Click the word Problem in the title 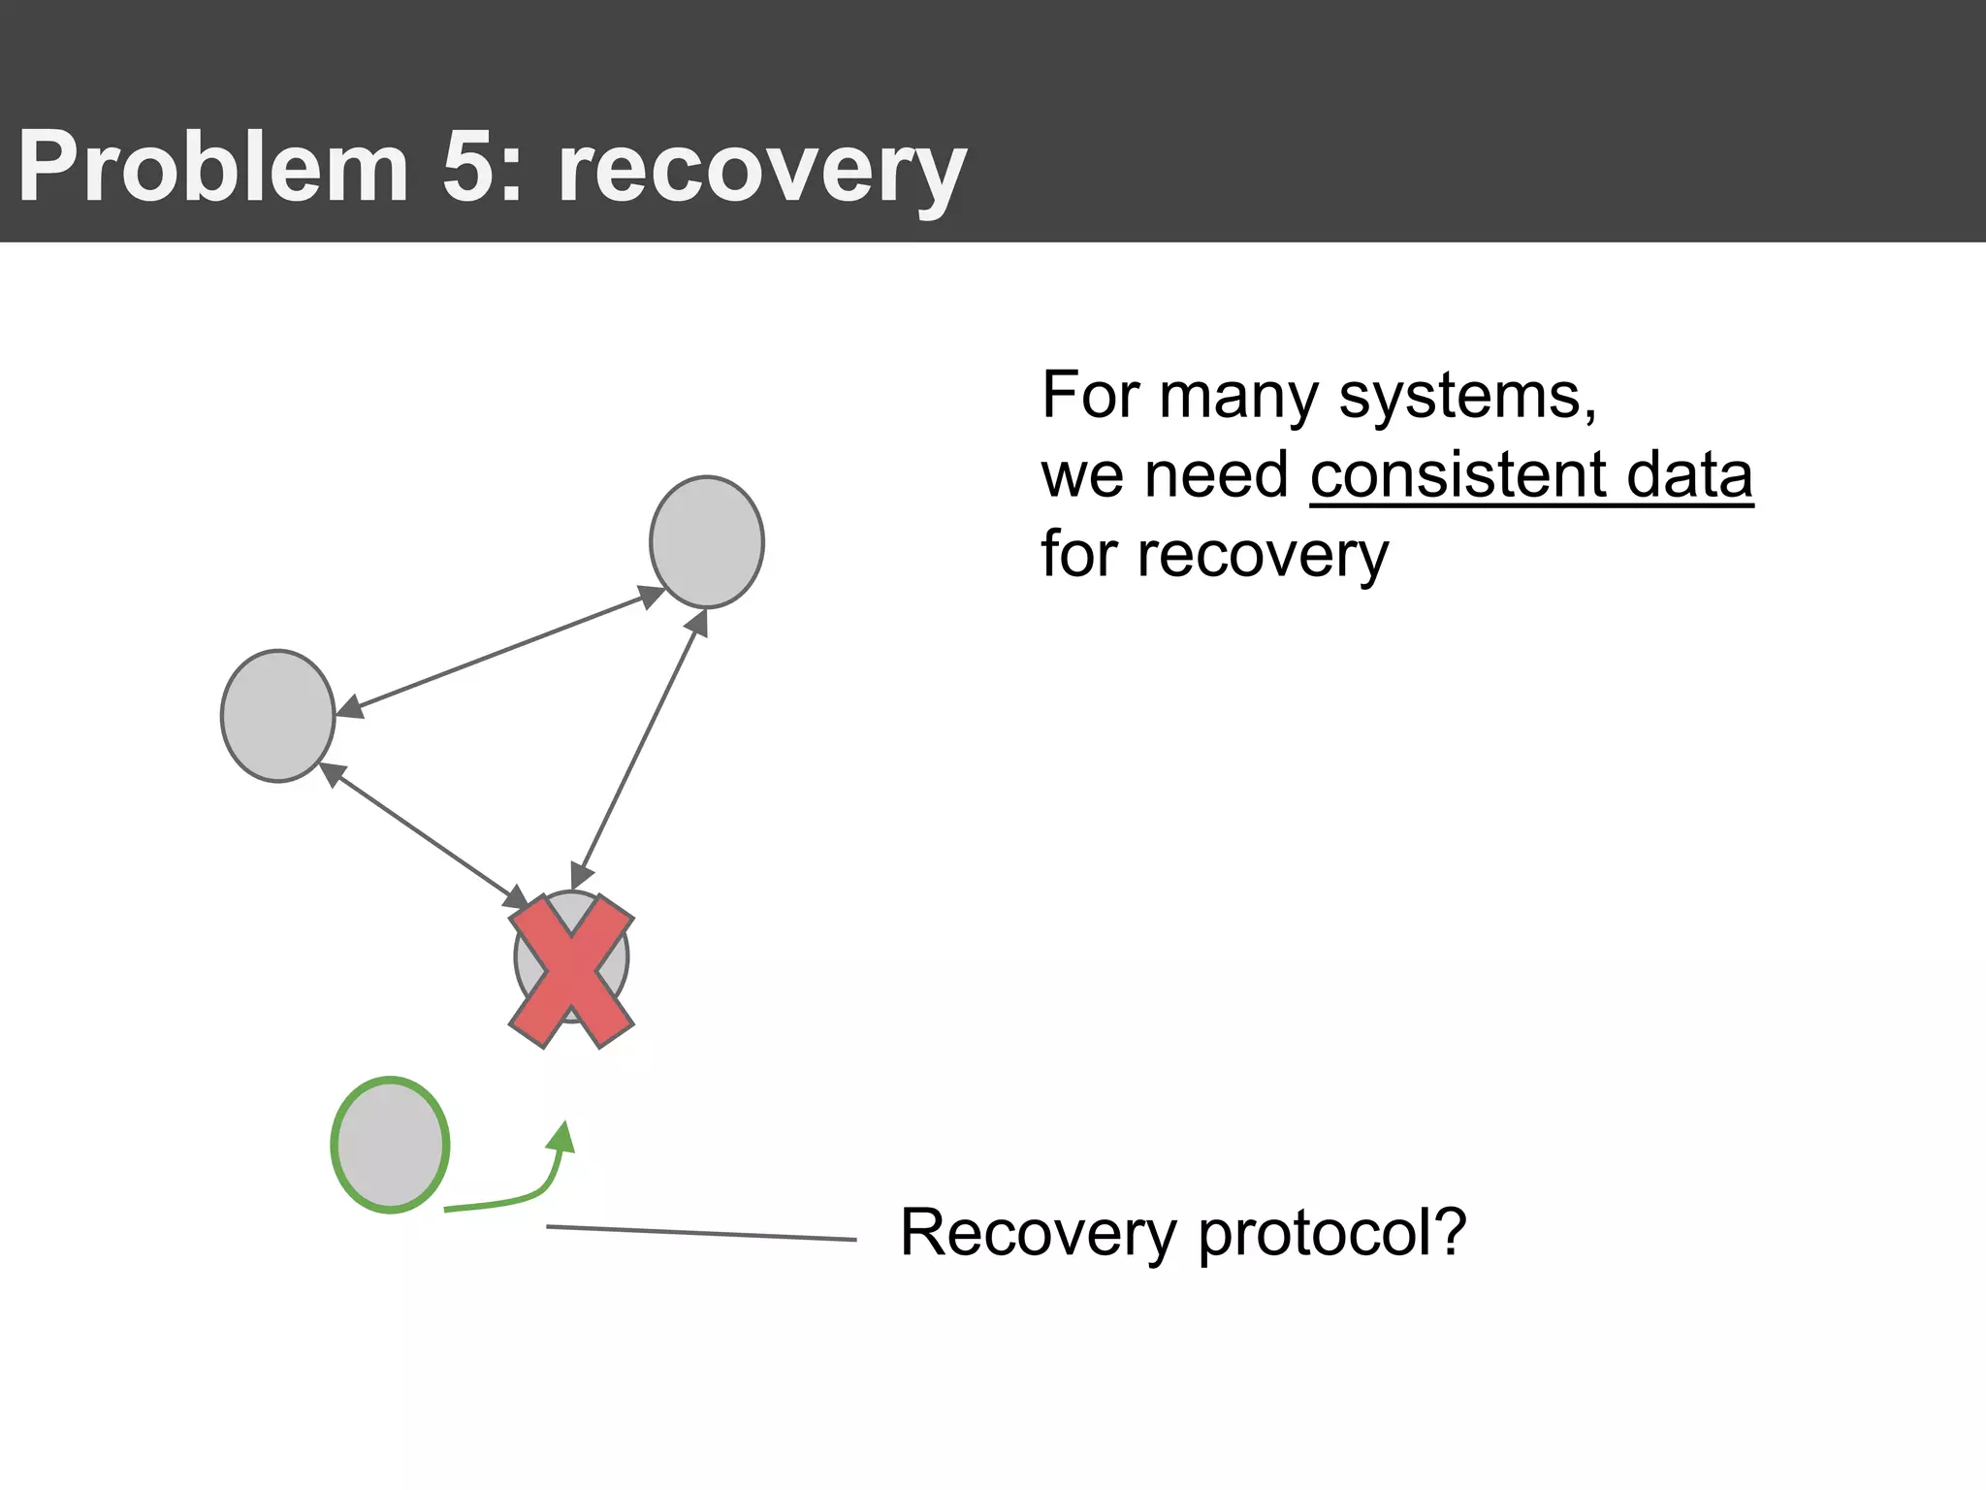(x=213, y=167)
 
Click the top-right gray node (x=707, y=541)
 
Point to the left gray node (x=278, y=716)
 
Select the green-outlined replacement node (x=390, y=1145)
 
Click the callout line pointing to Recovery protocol (x=700, y=1233)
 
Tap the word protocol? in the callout (x=1332, y=1234)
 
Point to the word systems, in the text (x=1467, y=398)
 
